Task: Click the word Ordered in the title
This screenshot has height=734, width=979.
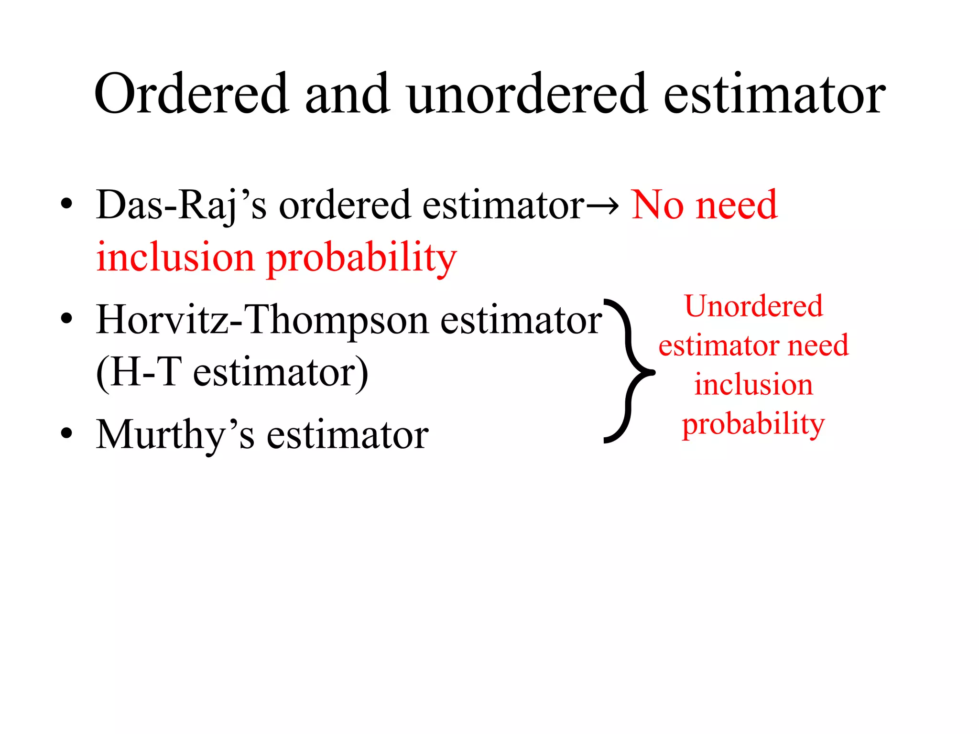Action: coord(192,94)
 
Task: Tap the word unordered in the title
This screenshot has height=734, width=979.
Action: coord(526,94)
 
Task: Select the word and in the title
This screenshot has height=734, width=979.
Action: coord(347,94)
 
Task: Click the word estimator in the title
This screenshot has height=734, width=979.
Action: coord(774,94)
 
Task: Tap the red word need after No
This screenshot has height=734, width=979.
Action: coord(737,205)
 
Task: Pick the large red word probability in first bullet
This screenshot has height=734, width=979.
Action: coord(361,259)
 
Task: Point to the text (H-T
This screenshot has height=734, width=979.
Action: coord(139,373)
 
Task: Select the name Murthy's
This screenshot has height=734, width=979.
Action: coord(175,435)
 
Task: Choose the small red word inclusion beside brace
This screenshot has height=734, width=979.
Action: coord(753,385)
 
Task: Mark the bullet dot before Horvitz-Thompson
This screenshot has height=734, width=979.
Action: coord(66,318)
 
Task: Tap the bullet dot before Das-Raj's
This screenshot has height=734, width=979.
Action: coord(66,204)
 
